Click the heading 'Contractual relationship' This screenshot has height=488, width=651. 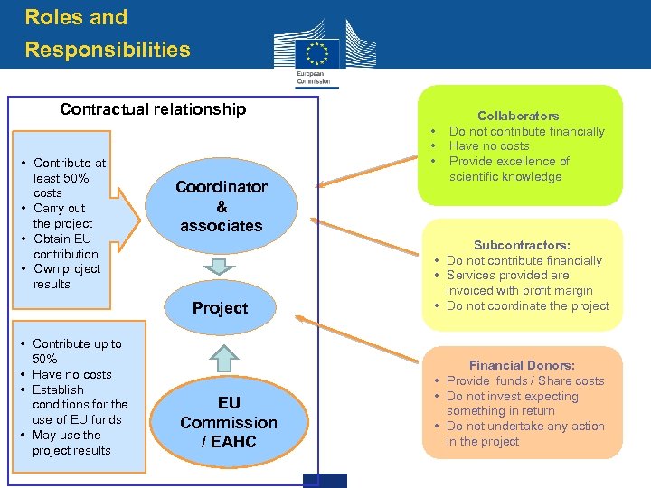[153, 109]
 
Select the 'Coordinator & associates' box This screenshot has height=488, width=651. [222, 206]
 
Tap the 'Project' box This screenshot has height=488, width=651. [220, 308]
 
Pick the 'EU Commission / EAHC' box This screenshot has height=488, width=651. [229, 422]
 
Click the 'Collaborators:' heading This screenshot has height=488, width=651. [519, 116]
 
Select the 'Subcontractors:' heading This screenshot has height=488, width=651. [522, 245]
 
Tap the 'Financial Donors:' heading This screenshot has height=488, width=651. [522, 365]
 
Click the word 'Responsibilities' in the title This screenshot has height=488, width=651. [108, 50]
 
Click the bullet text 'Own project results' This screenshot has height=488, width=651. [66, 277]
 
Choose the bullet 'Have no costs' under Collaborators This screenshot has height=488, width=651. [489, 145]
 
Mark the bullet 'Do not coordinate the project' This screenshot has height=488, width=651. [527, 305]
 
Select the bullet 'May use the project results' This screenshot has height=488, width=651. [71, 443]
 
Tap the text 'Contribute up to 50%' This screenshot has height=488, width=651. [76, 351]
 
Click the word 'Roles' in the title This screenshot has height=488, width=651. [52, 17]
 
